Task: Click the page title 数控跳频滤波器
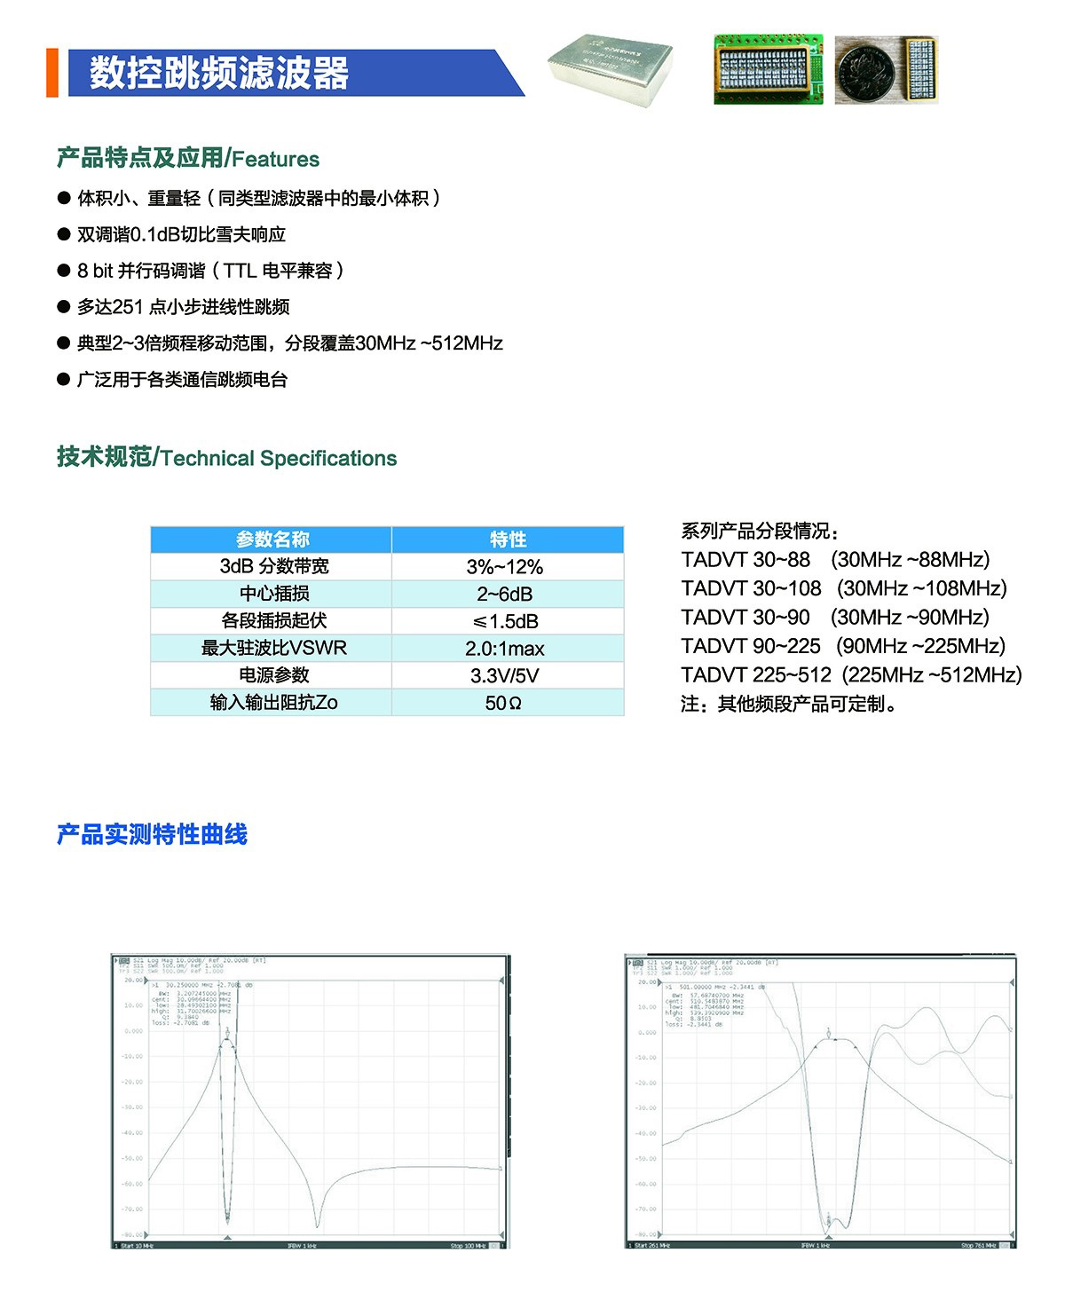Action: click(x=218, y=74)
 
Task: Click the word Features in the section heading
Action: click(x=275, y=160)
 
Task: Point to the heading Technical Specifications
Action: click(x=279, y=459)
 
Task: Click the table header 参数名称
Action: click(x=272, y=540)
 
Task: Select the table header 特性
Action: click(x=508, y=540)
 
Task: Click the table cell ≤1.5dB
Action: click(x=505, y=621)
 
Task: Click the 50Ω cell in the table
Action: click(x=503, y=704)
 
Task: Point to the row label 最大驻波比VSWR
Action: click(x=273, y=649)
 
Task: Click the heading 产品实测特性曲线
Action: click(x=152, y=835)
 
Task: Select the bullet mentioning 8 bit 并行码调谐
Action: click(x=209, y=271)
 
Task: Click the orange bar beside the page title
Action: click(x=51, y=74)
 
